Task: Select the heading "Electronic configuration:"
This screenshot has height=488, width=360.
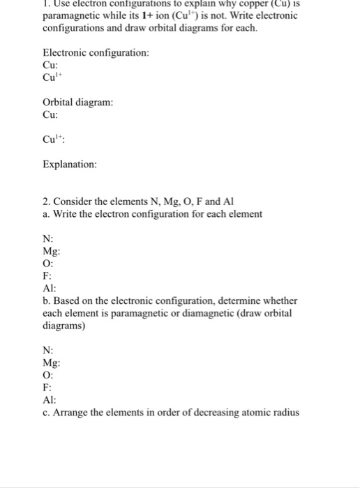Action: coord(96,53)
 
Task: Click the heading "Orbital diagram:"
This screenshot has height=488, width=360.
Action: coord(78,102)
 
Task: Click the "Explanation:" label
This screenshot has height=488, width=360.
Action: coord(70,165)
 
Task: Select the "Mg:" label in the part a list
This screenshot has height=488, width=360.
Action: coord(52,252)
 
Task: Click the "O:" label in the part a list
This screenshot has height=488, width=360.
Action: coord(49,264)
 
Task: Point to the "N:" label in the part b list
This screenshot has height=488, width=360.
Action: coord(48,351)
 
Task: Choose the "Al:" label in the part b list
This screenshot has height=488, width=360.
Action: coord(50,399)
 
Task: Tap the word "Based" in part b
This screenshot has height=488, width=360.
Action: coord(67,301)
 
